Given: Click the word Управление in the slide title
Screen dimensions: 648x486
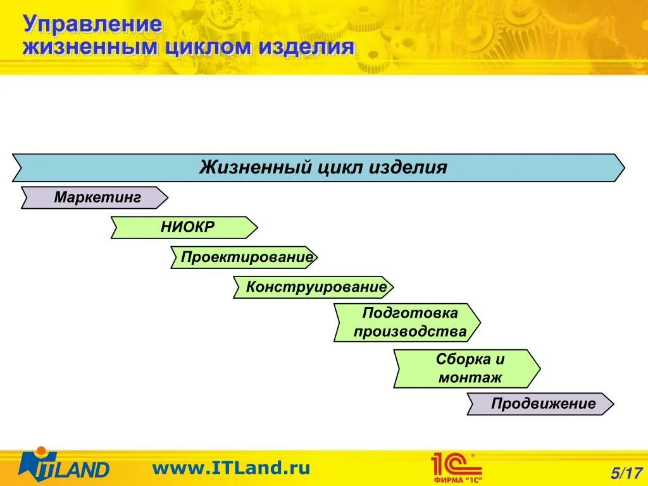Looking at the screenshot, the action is tap(93, 25).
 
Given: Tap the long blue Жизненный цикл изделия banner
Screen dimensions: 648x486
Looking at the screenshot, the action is tap(319, 168).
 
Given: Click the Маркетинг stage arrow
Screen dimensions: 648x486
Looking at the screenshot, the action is tap(95, 197).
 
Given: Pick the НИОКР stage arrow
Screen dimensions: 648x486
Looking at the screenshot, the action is tap(184, 227).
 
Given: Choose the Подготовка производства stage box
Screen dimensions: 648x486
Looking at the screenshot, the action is tap(408, 323).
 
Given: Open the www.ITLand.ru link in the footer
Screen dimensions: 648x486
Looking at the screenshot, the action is tap(231, 468).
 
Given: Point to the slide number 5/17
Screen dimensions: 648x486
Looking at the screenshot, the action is tap(626, 472).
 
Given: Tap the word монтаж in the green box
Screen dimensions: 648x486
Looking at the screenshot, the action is tap(470, 378).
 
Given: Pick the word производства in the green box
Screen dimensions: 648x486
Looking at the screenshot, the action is tap(410, 332).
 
